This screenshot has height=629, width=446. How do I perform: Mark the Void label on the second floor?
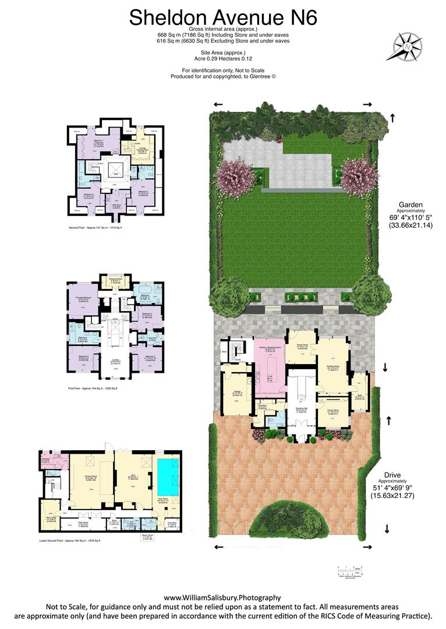point(115,174)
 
